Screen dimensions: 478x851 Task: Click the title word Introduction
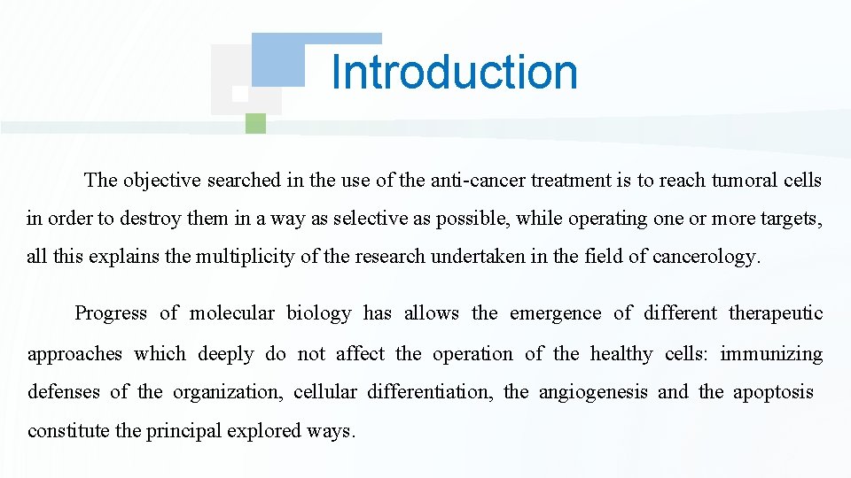coord(454,72)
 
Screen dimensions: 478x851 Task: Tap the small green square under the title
coord(255,123)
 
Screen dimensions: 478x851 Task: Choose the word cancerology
coord(706,257)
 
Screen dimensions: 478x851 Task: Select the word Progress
coord(111,313)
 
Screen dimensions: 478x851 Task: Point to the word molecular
coord(233,313)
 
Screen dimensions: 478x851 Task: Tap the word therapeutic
coord(776,313)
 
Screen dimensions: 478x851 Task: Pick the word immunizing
coord(771,354)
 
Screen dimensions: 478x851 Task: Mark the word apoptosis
coord(773,392)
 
